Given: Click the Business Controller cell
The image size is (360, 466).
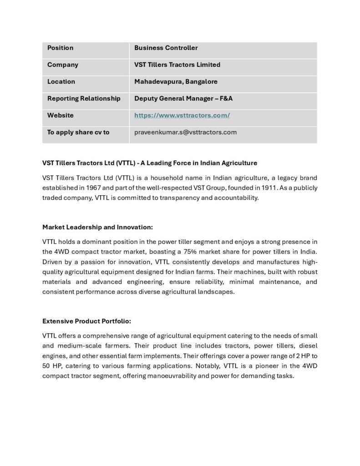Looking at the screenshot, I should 166,48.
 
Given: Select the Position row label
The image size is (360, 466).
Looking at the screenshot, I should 60,48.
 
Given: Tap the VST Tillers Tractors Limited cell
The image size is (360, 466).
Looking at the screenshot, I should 177,65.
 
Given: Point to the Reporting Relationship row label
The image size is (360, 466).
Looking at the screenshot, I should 84,98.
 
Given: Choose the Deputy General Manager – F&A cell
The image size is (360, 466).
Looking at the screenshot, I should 183,98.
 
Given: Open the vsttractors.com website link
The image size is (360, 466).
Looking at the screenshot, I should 182,115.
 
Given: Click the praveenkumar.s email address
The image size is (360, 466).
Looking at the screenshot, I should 185,132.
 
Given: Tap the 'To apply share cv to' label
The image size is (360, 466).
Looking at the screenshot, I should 78,132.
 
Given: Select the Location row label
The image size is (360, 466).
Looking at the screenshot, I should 61,81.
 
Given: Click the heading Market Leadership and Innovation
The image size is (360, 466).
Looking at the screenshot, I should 97,226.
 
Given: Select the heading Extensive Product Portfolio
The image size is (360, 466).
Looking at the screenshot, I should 86,321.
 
